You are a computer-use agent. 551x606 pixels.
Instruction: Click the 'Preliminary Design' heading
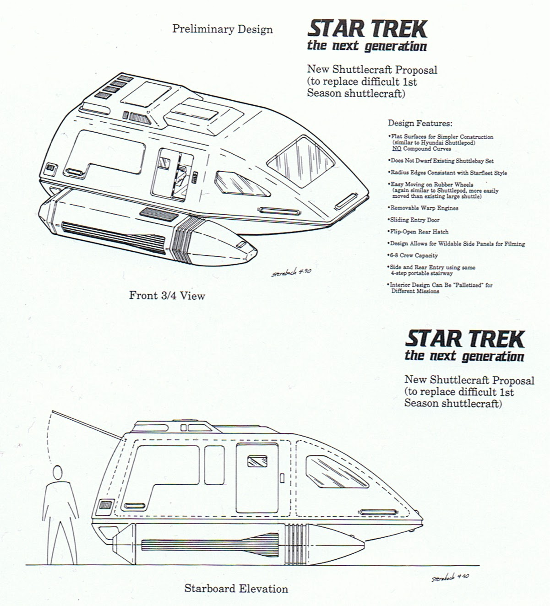coord(223,29)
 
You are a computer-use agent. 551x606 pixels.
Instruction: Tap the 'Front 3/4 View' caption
coord(167,295)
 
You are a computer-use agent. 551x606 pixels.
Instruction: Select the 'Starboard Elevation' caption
coord(236,589)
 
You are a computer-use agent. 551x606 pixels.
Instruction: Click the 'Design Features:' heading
coord(420,123)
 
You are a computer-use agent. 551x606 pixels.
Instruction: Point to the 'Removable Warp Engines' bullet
coord(423,208)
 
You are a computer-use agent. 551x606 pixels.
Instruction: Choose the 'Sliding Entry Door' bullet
coord(414,220)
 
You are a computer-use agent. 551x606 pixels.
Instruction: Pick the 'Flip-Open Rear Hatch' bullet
coord(418,232)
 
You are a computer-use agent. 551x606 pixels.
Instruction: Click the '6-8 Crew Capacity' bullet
coord(413,255)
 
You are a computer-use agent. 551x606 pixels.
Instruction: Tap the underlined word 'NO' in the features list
coord(397,149)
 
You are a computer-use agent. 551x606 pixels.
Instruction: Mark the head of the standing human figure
coord(57,471)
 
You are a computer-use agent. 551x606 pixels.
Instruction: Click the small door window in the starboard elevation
coord(257,461)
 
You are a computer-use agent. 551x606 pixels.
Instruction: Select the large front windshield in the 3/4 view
coord(301,162)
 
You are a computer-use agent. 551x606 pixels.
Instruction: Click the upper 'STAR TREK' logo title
coord(367,29)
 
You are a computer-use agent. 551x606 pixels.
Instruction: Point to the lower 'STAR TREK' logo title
coord(465,339)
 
